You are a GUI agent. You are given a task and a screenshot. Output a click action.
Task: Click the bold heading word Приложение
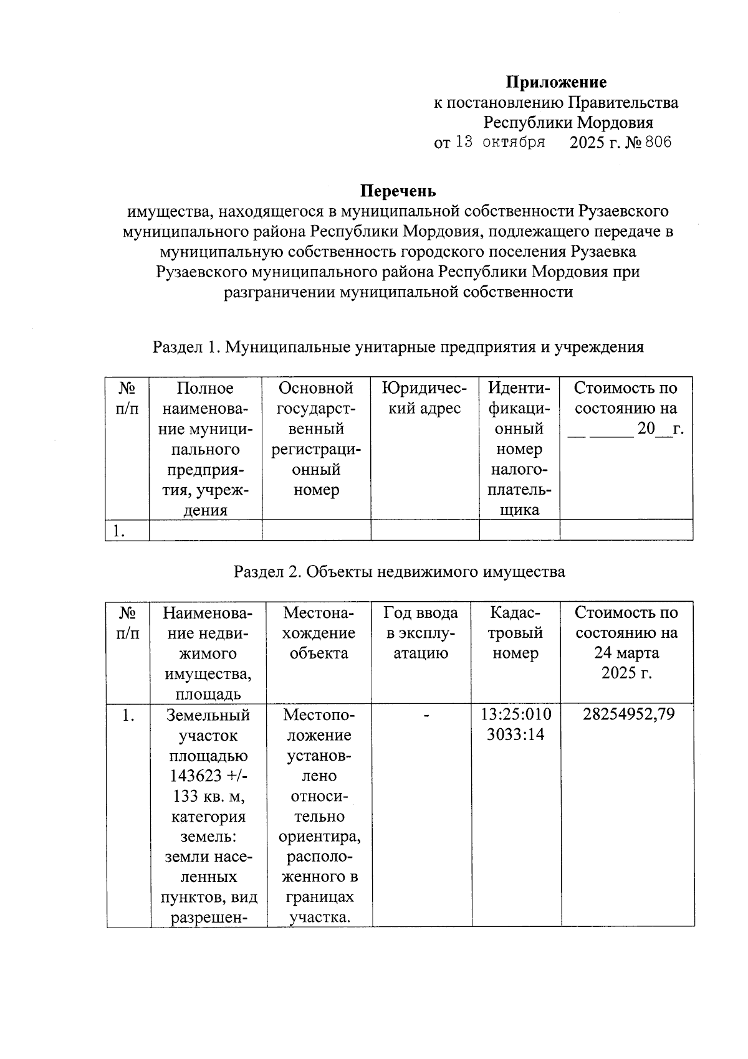point(555,82)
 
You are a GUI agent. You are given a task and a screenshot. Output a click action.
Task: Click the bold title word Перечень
point(399,191)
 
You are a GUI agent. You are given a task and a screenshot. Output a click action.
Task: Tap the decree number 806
point(658,143)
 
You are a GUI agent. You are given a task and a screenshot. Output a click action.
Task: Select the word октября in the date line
point(509,143)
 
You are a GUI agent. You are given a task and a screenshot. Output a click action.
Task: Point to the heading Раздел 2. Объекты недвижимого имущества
point(399,572)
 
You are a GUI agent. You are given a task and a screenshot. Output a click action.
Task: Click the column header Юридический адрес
point(424,399)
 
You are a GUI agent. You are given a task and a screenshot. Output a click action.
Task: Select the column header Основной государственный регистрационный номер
point(316,439)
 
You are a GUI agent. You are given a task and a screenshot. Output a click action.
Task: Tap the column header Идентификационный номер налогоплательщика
point(519,449)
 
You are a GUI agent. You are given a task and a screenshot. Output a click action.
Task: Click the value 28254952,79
point(628,715)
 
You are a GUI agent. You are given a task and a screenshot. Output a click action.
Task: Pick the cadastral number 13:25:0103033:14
point(515,724)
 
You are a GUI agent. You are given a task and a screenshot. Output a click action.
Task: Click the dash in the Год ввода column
point(427,717)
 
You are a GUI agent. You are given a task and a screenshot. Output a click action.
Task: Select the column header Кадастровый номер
point(515,633)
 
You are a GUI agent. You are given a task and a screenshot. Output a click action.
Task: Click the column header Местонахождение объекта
point(319,633)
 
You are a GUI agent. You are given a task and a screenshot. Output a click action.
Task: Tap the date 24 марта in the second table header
point(626,653)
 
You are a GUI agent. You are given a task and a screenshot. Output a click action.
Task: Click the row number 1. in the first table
point(119,531)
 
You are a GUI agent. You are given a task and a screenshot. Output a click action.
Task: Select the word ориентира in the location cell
point(319,837)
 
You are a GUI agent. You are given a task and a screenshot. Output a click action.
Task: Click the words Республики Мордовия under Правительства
point(568,123)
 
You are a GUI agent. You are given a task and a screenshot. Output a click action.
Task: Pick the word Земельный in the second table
point(208,715)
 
